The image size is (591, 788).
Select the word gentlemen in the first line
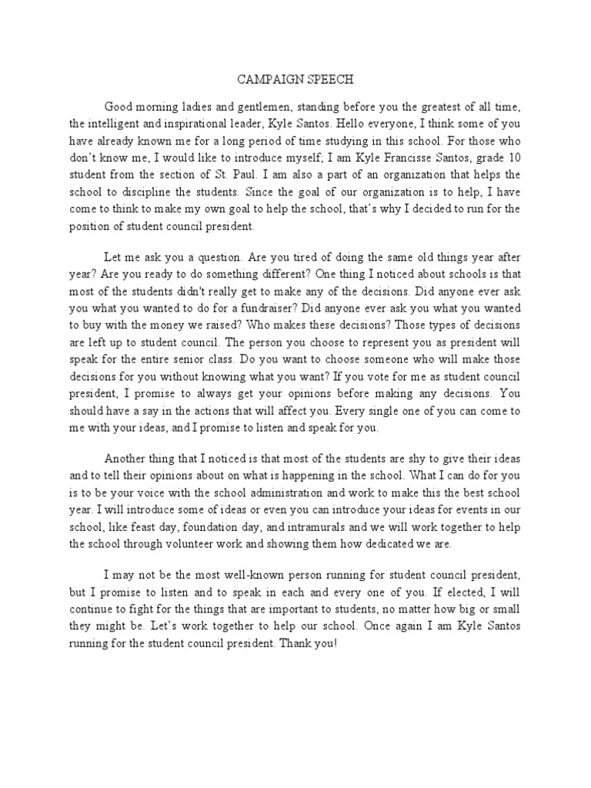(x=253, y=106)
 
